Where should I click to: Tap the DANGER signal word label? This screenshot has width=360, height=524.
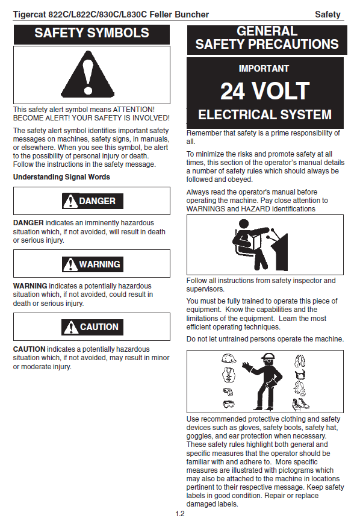[93, 201]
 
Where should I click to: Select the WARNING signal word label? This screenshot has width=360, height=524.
[93, 264]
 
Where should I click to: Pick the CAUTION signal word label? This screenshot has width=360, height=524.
[92, 327]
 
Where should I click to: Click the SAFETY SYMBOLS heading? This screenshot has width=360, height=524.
[92, 33]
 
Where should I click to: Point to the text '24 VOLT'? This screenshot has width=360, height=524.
[265, 91]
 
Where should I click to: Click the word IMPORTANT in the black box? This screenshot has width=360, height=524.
[264, 69]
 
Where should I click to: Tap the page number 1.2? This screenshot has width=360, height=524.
[180, 514]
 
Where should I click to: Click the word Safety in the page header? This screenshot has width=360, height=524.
[327, 14]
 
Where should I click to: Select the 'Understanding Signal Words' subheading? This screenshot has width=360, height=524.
[61, 177]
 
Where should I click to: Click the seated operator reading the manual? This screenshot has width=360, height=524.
[259, 245]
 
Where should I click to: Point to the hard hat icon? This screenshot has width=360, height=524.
[229, 358]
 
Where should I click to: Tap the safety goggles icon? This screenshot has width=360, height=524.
[229, 404]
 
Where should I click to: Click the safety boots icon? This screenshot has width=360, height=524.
[300, 405]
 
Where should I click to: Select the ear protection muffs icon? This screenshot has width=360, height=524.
[300, 361]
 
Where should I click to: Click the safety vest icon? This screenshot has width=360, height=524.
[229, 375]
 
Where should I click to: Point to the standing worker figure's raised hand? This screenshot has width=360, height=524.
[247, 366]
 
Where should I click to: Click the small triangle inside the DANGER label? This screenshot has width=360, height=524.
[70, 201]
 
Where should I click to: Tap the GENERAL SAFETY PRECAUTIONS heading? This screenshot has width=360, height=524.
[267, 38]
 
